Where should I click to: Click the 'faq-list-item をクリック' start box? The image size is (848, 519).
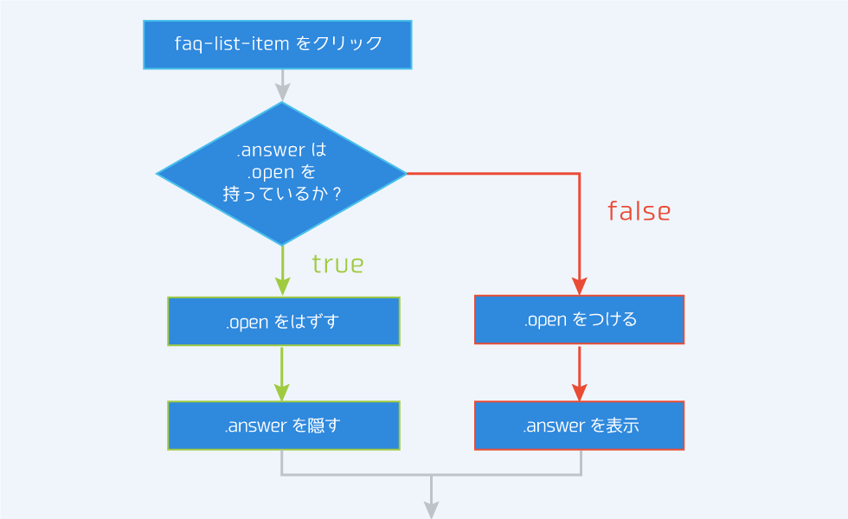[x=277, y=44]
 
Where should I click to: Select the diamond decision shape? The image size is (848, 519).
[x=281, y=173]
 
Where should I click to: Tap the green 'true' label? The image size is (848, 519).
[x=337, y=264]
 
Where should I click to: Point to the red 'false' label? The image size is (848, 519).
[x=639, y=211]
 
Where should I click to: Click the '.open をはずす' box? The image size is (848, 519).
[x=283, y=322]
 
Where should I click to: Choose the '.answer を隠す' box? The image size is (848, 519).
[x=283, y=426]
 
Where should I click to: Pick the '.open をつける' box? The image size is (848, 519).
[x=579, y=320]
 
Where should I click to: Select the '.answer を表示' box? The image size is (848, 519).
[x=579, y=426]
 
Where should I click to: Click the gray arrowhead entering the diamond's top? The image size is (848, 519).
[x=282, y=93]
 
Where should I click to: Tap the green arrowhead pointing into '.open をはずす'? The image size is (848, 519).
[x=282, y=287]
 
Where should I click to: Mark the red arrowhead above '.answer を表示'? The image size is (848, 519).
[x=579, y=392]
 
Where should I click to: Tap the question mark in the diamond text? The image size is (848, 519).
[x=336, y=195]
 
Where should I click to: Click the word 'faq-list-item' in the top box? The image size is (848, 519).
[x=231, y=43]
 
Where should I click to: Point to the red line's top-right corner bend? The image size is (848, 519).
[x=579, y=174]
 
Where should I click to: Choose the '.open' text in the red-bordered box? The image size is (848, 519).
[x=544, y=320]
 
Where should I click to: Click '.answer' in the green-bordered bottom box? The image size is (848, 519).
[x=255, y=426]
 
